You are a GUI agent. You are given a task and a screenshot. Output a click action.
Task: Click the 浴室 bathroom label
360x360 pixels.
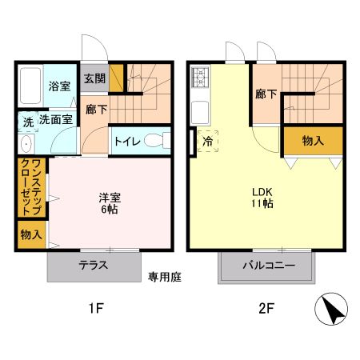tap(58, 86)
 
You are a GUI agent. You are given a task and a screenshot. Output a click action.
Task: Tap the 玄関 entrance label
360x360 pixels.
tap(94, 78)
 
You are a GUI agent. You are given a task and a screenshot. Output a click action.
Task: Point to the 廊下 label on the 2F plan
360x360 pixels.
tap(266, 94)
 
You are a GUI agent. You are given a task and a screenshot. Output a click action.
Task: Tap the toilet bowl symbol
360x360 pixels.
tap(161, 141)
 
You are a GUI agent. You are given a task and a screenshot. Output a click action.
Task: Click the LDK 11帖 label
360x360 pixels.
tap(263, 198)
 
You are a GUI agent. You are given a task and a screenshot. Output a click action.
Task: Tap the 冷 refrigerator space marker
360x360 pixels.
tap(206, 141)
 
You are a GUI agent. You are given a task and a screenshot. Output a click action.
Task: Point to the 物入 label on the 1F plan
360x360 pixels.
tap(31, 235)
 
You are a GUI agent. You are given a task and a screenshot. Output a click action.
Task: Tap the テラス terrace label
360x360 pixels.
tap(93, 266)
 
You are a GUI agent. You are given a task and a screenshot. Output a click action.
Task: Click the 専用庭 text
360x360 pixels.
tap(165, 277)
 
